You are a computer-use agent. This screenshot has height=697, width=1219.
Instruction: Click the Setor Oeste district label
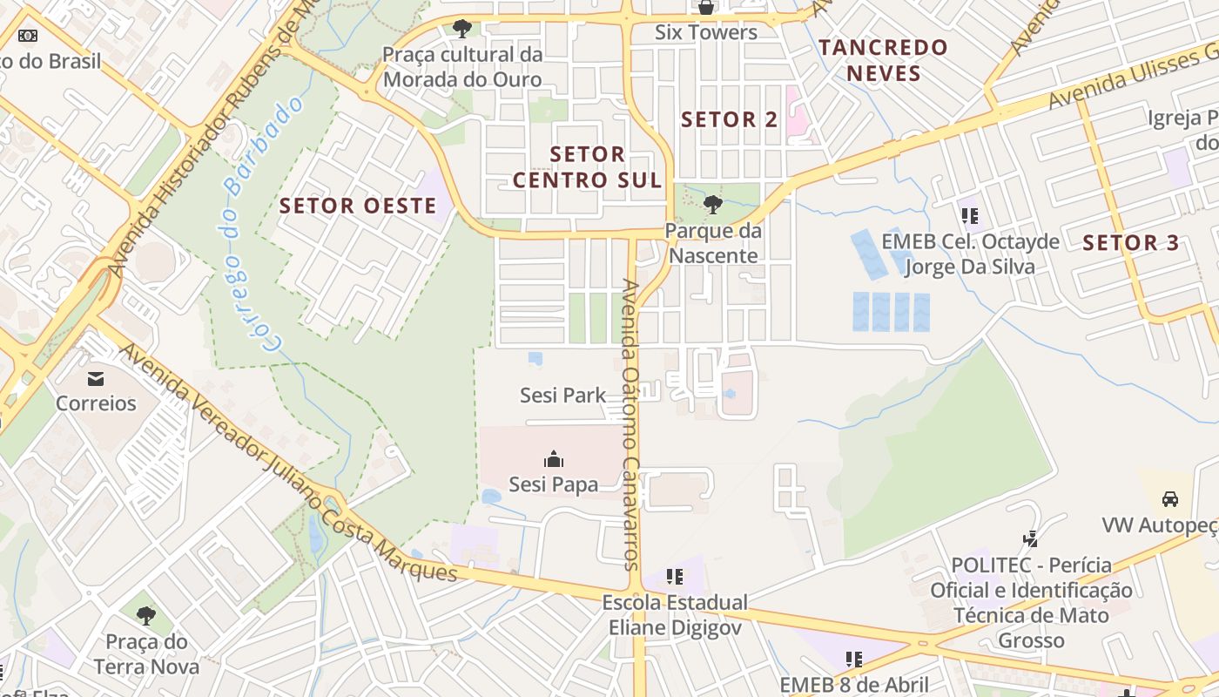click(x=358, y=206)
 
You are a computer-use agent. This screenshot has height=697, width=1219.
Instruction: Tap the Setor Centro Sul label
click(x=588, y=167)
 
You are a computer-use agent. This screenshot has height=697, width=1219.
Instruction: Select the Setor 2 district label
click(x=730, y=120)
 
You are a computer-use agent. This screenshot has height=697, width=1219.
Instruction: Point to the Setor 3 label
click(x=1131, y=243)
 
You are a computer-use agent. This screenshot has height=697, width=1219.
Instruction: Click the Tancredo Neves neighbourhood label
click(x=883, y=60)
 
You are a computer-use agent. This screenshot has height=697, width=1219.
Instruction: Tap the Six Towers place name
click(x=706, y=33)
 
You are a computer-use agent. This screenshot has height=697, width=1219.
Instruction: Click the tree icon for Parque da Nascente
click(x=713, y=205)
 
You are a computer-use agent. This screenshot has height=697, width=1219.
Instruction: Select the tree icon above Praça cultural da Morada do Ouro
click(x=462, y=29)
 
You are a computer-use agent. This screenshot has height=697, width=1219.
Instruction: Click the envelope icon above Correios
click(x=96, y=379)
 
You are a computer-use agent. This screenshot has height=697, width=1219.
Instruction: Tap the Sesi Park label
click(x=562, y=396)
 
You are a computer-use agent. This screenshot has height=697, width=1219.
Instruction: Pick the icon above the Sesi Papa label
click(x=553, y=459)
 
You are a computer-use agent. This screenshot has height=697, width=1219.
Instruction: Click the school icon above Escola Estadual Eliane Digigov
click(x=674, y=577)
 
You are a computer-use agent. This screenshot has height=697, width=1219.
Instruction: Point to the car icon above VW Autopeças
click(x=1170, y=499)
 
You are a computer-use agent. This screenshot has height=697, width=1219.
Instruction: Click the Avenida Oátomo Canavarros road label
click(x=631, y=424)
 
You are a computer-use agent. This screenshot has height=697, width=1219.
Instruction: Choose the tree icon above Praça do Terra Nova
click(x=146, y=616)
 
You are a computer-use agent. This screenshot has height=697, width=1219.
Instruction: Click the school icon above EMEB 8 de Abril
click(x=853, y=659)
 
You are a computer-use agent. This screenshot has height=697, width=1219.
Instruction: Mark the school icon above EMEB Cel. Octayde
click(x=969, y=215)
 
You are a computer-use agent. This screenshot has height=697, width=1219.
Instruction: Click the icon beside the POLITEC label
click(x=1031, y=539)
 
